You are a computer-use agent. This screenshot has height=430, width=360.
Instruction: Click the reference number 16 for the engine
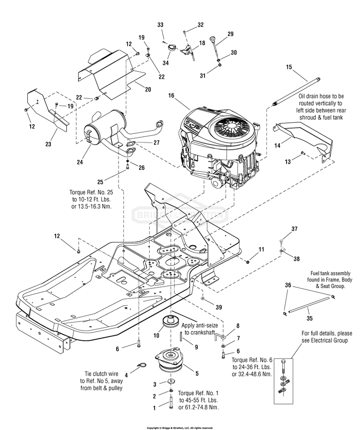coord(171,96)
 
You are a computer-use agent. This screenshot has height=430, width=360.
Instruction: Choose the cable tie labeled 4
coord(142,365)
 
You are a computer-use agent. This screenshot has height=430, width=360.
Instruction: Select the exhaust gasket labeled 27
coord(131,143)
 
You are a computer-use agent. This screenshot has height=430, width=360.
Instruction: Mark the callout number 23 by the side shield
coord(48,144)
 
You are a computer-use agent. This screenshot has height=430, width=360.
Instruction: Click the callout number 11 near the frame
coord(261,249)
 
